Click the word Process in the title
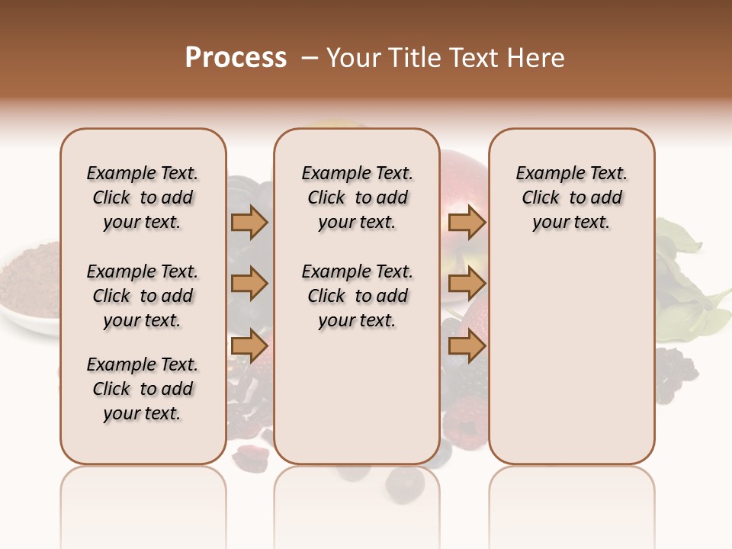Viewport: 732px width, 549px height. [236, 58]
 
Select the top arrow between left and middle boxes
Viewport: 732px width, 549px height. [249, 223]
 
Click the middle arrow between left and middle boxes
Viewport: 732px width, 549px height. [249, 284]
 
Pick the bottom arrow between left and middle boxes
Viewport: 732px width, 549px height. [249, 346]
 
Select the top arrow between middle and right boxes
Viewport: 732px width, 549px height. [467, 223]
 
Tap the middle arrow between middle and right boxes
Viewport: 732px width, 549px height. [467, 284]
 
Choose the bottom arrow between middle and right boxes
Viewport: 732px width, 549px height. [467, 346]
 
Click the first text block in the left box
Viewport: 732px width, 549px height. [143, 197]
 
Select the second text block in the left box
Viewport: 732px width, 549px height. [143, 296]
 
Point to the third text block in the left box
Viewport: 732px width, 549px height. [143, 389]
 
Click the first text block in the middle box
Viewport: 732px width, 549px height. [357, 197]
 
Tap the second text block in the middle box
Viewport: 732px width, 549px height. [357, 296]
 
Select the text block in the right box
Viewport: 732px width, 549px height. [571, 197]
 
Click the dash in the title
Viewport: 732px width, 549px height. [310, 58]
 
